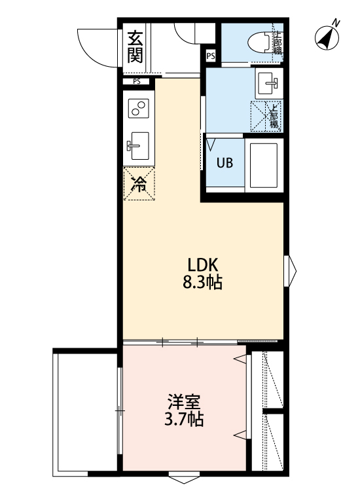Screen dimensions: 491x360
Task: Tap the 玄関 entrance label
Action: [135, 47]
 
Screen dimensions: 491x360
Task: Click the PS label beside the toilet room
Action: [210, 56]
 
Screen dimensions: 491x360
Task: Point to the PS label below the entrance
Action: [136, 82]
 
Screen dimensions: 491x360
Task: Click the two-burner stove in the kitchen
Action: [138, 109]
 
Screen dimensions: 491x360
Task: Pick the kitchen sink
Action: [138, 145]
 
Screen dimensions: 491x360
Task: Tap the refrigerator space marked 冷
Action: [139, 184]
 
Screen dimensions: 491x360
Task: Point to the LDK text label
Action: [202, 265]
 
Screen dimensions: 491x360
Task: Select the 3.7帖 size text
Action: [183, 420]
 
